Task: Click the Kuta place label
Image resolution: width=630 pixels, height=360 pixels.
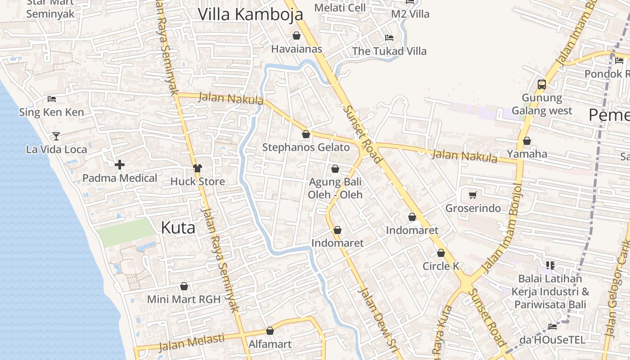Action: tap(178, 228)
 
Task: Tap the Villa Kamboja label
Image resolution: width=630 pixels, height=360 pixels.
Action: tap(251, 14)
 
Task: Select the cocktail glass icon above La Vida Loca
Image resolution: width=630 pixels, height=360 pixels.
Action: tap(56, 136)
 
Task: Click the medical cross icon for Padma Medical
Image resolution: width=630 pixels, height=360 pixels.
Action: tap(120, 165)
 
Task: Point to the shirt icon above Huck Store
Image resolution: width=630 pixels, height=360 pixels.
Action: tap(197, 168)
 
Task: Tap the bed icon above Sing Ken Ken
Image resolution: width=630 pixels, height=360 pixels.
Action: tap(52, 99)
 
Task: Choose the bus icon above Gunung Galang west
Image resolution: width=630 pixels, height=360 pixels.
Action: tap(542, 84)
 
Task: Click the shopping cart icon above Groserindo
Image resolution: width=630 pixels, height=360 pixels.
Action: tap(472, 195)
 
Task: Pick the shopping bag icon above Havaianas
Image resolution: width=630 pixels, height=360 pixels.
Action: tap(297, 36)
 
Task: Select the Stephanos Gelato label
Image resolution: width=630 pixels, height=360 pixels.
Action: tap(306, 148)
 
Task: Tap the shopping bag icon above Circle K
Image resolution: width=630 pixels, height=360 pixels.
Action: tap(441, 253)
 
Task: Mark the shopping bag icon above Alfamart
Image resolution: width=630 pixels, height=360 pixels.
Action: tap(270, 331)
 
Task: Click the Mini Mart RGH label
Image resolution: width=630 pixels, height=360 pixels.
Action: tap(184, 299)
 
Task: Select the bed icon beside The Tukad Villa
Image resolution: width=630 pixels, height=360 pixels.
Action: tap(389, 37)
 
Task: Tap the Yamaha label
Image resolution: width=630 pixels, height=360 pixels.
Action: tap(527, 154)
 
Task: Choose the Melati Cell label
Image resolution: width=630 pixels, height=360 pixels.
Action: tap(340, 8)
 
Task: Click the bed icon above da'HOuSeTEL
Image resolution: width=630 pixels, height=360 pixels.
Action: tap(553, 326)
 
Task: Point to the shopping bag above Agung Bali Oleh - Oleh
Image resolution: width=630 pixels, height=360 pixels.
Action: tap(335, 169)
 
